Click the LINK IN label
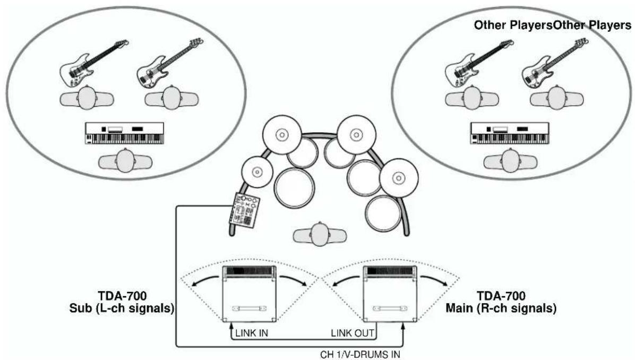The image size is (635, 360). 252,333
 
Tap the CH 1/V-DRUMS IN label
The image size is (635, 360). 360,355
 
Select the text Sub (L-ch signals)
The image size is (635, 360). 122,308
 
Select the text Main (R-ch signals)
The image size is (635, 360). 501,308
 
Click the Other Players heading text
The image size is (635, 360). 552,25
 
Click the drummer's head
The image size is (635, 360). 320,234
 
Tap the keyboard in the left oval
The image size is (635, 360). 125,133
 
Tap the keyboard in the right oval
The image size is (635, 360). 510,133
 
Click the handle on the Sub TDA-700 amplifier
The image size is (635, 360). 250,308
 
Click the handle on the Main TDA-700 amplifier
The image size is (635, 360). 390,308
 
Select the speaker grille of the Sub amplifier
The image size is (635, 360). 250,270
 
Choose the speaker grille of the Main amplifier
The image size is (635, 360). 390,270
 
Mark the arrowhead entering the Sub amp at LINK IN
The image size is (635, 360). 231,325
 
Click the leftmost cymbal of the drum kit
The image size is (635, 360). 257,172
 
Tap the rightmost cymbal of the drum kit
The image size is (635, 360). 399,178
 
